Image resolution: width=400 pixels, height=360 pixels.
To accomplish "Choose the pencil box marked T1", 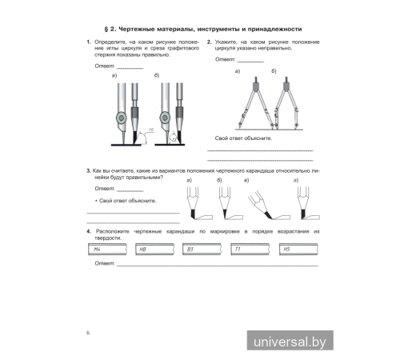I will (251, 250).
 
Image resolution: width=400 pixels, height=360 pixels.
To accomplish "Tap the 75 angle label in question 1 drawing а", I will (149, 128).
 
